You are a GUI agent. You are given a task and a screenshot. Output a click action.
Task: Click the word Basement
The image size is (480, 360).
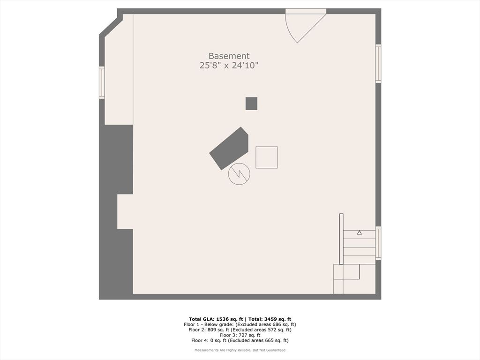[x=229, y=56]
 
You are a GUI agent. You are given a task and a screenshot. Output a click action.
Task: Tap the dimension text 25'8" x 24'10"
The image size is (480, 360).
[x=229, y=66]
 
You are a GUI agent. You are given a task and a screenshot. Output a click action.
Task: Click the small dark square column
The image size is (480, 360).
[x=251, y=103]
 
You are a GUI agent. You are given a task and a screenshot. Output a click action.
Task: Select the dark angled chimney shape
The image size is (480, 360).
[x=229, y=148]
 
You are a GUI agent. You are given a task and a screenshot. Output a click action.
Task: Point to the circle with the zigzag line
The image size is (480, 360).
[x=239, y=173]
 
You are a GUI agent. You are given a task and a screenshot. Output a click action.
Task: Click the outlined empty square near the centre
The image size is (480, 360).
[x=266, y=157]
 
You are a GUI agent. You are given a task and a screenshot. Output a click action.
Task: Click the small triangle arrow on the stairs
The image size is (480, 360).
[x=360, y=232]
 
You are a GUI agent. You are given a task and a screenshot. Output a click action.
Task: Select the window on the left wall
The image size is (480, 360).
[x=102, y=82]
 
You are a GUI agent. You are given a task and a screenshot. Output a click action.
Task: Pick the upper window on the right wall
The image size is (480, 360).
[x=378, y=64]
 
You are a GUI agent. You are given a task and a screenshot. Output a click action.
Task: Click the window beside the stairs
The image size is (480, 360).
[x=378, y=243]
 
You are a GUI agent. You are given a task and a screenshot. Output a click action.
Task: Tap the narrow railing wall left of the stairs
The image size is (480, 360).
[x=341, y=239]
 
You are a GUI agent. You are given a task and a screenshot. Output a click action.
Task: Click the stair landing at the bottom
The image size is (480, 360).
[x=346, y=279]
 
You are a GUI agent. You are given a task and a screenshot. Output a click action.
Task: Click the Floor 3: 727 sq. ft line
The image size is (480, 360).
[x=240, y=335]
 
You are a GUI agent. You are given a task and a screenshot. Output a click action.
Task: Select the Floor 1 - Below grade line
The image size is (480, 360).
[x=240, y=324]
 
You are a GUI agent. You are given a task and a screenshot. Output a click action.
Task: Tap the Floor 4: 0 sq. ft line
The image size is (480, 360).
[x=240, y=341]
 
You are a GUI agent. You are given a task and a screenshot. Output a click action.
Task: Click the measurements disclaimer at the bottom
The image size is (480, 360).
[x=240, y=350]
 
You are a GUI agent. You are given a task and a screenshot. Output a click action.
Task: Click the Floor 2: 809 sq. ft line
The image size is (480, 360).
[x=240, y=330]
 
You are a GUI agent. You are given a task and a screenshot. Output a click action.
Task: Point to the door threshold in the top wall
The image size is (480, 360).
[x=306, y=11]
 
